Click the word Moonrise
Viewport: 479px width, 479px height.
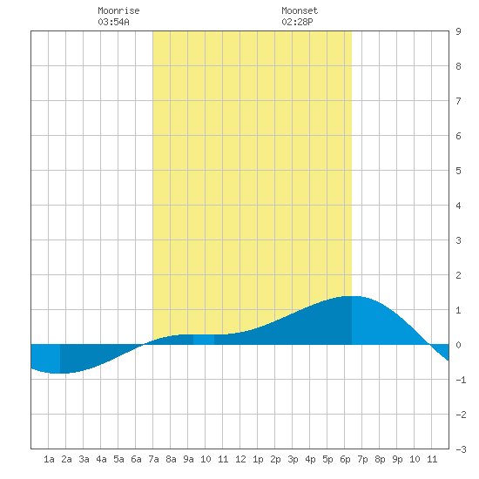[118, 10]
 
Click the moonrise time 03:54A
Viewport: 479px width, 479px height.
[113, 22]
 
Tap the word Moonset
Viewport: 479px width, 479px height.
[300, 10]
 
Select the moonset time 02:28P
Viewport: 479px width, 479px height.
[297, 22]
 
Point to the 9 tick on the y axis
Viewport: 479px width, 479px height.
[458, 31]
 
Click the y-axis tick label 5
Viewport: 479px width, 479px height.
[458, 171]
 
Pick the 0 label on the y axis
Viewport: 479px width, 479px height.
[458, 345]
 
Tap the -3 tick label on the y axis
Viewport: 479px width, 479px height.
[461, 449]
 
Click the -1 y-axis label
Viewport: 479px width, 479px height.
[461, 380]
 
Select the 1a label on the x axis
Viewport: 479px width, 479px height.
[49, 459]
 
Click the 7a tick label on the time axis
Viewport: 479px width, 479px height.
[153, 459]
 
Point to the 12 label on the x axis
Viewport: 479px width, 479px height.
[240, 459]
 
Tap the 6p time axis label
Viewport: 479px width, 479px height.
[345, 459]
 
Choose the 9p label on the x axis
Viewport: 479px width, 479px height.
[397, 459]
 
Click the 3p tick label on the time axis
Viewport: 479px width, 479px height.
[293, 459]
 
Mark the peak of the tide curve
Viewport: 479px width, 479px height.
[351, 296]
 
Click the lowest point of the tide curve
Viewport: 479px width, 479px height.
[57, 373]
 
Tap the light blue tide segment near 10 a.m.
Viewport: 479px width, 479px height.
[204, 340]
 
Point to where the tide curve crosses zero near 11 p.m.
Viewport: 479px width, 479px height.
[430, 345]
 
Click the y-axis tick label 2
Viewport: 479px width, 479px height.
[458, 275]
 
